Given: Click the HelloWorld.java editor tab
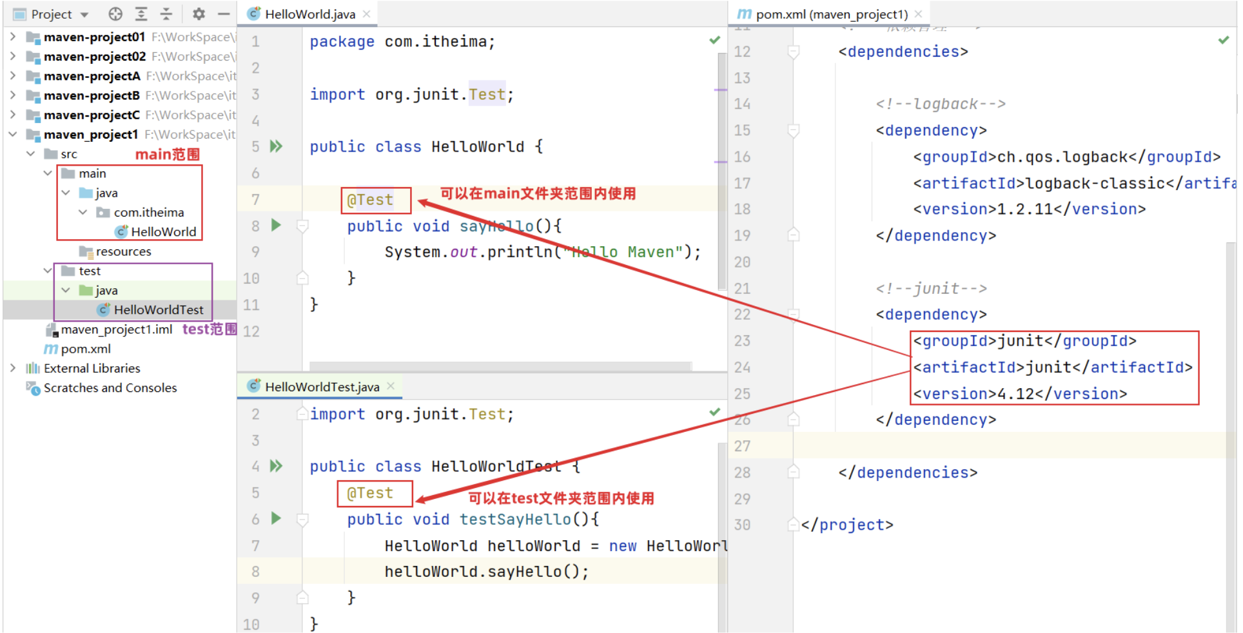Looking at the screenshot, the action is point(309,14).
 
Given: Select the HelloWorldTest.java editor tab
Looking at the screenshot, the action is point(322,387).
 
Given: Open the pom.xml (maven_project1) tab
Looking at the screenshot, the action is point(831,14).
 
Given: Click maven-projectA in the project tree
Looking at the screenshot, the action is point(92,76).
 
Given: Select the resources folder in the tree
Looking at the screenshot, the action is point(123,251).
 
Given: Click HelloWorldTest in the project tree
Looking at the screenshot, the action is point(158,310).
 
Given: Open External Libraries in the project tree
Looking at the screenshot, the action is point(92,368).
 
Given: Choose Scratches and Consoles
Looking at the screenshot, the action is point(110,388).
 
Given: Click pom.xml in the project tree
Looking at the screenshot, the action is point(86,349).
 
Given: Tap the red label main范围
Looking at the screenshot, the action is point(167,154).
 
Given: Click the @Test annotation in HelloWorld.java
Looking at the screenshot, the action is point(370,200).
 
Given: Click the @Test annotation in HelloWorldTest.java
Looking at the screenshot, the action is point(370,493).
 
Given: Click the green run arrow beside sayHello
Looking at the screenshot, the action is point(277,225).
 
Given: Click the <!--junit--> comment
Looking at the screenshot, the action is point(931,288).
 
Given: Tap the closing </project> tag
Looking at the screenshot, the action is point(847,525).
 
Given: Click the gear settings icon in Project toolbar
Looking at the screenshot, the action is point(199,14).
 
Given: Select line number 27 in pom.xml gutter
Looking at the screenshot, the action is point(742,446).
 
